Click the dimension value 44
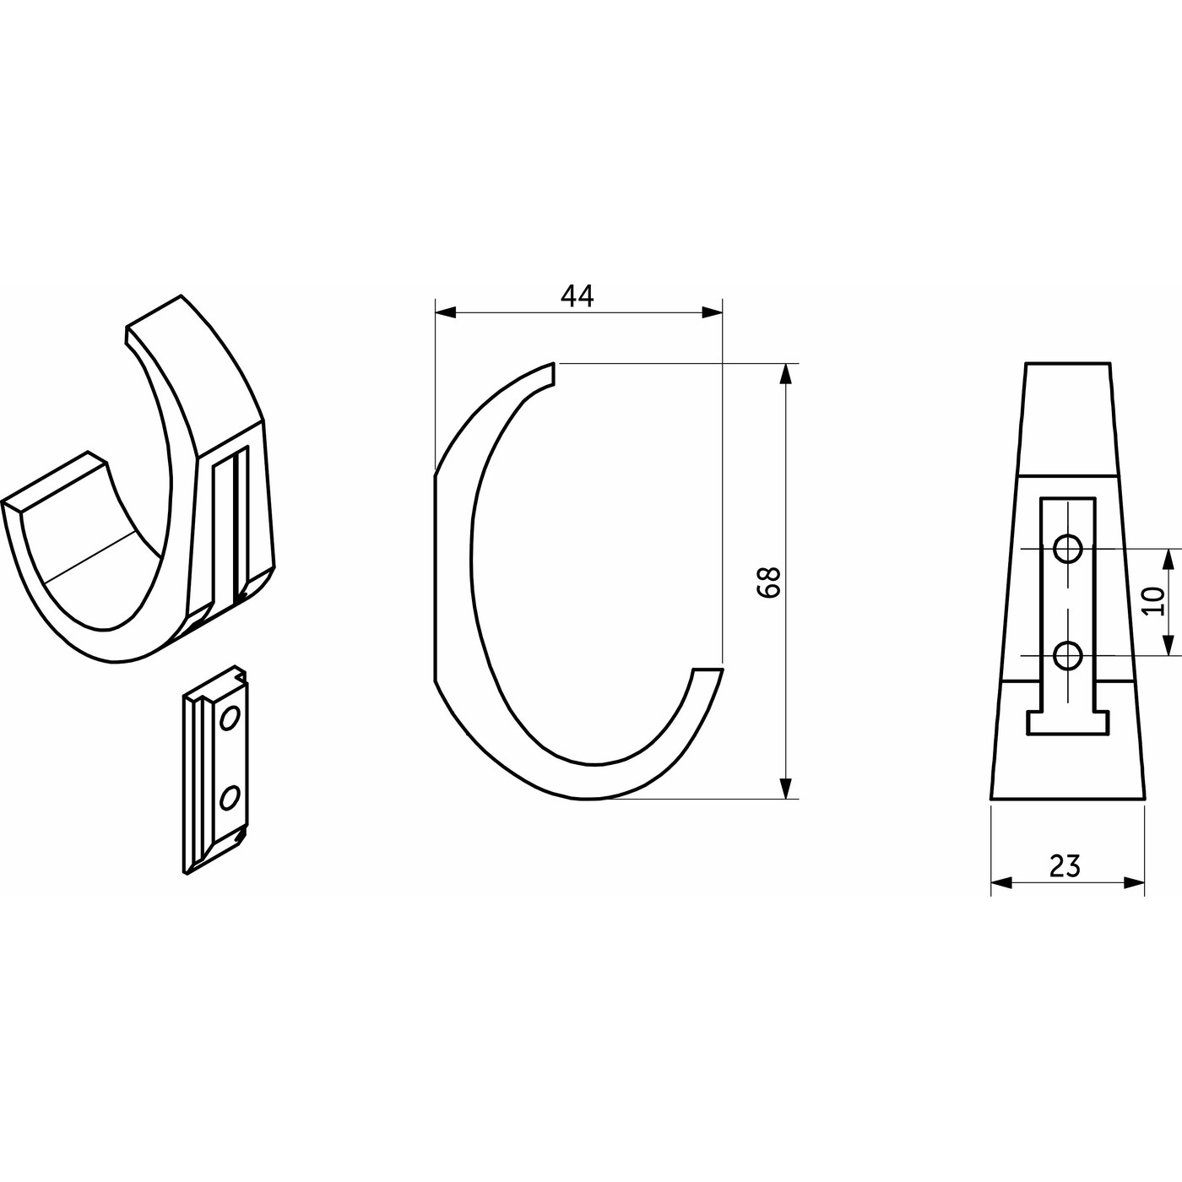click(577, 297)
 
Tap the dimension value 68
click(768, 582)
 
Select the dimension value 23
click(1065, 865)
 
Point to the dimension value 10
click(1153, 601)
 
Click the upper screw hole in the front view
click(1067, 549)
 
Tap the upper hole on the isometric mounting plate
click(230, 718)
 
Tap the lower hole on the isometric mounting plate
click(229, 797)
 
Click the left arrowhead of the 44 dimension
click(445, 312)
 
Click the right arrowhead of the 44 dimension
click(712, 312)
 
